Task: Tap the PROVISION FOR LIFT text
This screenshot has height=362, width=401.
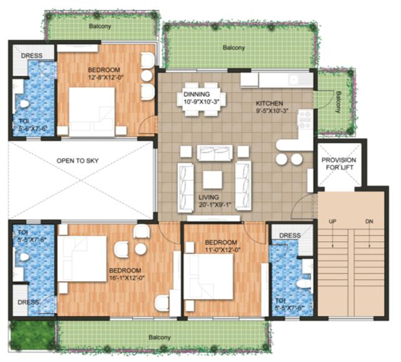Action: point(338,164)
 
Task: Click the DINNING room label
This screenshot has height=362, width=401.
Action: point(197,95)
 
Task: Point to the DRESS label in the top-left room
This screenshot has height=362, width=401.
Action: point(31,56)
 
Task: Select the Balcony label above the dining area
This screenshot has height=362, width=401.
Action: point(234,48)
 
